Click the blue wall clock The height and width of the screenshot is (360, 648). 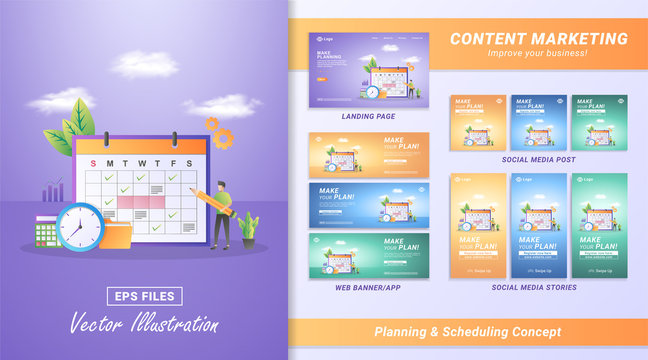coord(81,226)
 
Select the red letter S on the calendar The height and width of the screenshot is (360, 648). coord(93,164)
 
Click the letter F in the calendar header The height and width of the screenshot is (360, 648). coord(173,164)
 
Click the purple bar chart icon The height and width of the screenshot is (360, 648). coord(52,190)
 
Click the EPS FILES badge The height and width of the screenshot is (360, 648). coord(145,295)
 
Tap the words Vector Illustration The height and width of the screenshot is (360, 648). coord(144,323)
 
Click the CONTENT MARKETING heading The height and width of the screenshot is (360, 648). coord(538,39)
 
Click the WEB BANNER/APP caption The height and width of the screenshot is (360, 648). coord(368,287)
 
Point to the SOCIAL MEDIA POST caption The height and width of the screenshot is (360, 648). coord(539,159)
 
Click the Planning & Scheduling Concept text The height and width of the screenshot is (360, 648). coord(467,331)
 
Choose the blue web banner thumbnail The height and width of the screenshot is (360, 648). coord(369,205)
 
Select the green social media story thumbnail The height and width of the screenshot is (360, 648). coord(599,224)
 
